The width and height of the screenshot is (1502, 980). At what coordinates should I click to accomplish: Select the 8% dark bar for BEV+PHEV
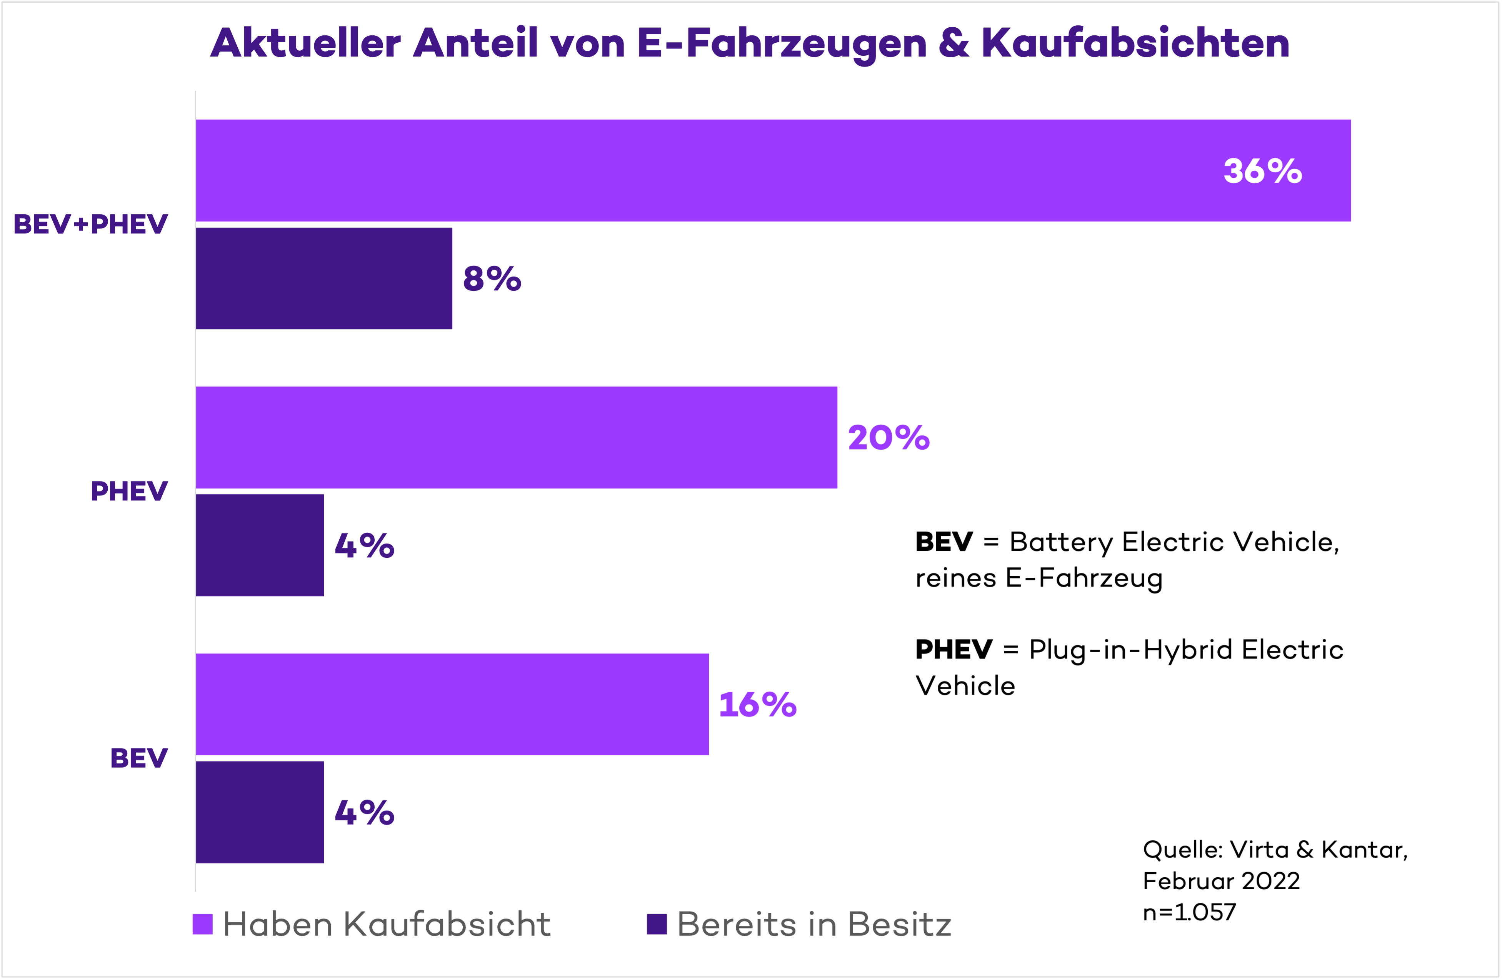click(x=324, y=278)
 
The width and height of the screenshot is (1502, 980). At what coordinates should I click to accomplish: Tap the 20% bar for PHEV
click(x=516, y=437)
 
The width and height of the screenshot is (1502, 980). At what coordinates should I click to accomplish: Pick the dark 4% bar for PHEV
click(x=260, y=545)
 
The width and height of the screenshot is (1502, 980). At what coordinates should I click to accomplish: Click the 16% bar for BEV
click(x=452, y=704)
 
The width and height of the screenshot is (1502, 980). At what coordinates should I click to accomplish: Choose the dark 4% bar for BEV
click(x=260, y=812)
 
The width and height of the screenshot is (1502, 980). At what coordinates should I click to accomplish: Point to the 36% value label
click(x=1262, y=171)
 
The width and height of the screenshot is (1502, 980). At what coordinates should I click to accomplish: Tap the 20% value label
click(x=889, y=438)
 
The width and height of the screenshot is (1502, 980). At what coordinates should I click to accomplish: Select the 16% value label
click(x=757, y=705)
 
